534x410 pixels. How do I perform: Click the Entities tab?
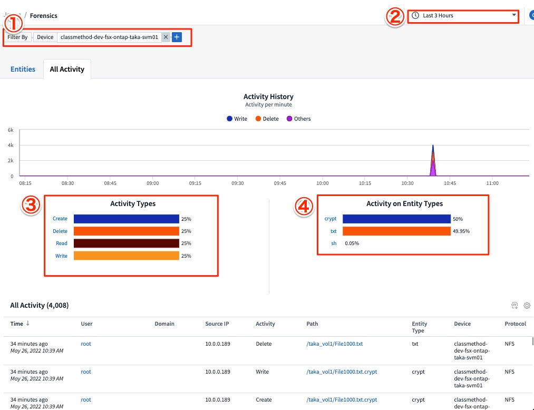(x=23, y=69)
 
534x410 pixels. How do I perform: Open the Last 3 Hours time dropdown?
(x=463, y=16)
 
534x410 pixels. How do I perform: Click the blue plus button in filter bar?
(x=177, y=37)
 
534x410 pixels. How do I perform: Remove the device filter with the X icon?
(x=166, y=37)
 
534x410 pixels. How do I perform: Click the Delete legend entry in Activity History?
(x=267, y=119)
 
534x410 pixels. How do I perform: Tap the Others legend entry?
(x=298, y=119)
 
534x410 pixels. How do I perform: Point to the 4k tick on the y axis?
(x=11, y=145)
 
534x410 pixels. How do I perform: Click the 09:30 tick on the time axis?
(x=238, y=183)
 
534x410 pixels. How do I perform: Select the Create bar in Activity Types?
(x=127, y=219)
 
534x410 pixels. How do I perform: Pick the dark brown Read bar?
(x=127, y=243)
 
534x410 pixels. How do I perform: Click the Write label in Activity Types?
(x=61, y=256)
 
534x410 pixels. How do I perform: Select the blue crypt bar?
(x=396, y=219)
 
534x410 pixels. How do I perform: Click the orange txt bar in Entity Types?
(x=396, y=231)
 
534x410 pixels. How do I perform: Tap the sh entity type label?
(x=334, y=243)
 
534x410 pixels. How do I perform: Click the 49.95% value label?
(x=461, y=231)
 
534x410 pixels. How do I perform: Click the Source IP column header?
(x=218, y=324)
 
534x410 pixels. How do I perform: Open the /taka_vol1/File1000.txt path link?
(x=334, y=344)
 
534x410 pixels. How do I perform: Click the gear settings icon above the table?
(x=527, y=305)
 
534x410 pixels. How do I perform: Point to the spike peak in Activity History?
(x=433, y=145)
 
